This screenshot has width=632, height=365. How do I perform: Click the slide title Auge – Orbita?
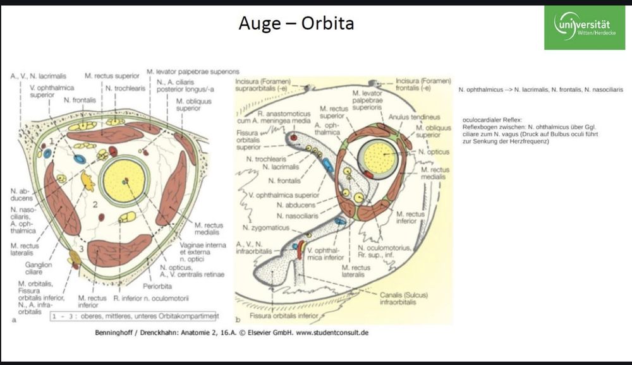coord(296,23)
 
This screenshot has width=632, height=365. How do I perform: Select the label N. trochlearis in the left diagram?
coord(125,88)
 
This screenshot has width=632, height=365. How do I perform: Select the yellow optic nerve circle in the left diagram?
coord(124,180)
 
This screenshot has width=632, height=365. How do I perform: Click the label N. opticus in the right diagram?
coord(436,152)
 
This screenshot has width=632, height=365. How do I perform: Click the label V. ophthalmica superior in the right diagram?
coord(284,194)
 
